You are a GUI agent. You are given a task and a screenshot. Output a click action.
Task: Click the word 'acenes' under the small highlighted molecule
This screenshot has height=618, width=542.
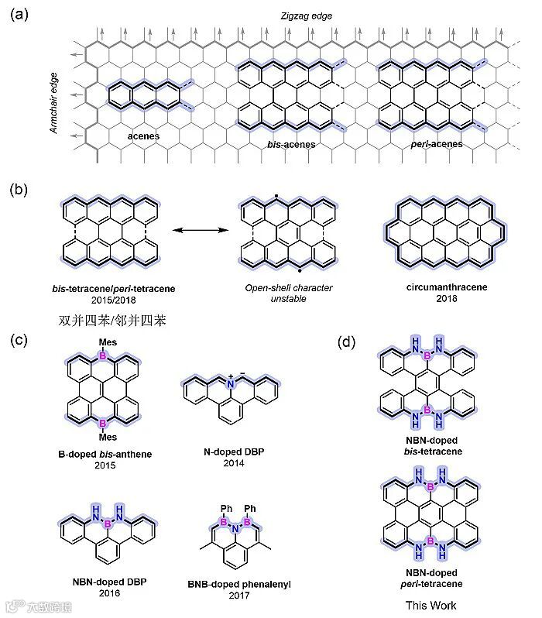click(144, 136)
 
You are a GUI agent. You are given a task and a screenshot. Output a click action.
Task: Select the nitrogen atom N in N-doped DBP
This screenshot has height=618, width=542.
click(231, 384)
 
